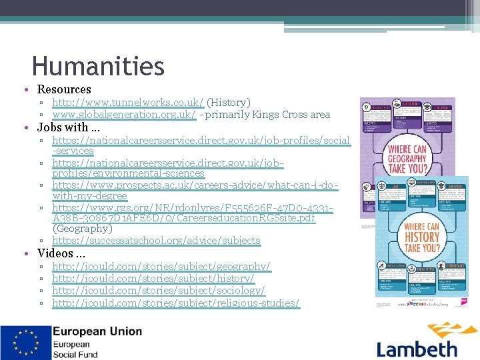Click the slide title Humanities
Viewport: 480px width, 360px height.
(x=98, y=66)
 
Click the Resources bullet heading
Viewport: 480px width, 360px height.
(x=64, y=89)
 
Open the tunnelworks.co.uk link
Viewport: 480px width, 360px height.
(x=128, y=103)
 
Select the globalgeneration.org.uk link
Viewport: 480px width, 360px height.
(x=124, y=115)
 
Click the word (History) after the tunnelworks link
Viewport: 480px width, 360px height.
(x=229, y=103)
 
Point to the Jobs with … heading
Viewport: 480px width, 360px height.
(x=69, y=127)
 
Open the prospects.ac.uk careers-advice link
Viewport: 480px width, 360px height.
(x=195, y=185)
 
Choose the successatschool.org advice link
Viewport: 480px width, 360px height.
(x=156, y=241)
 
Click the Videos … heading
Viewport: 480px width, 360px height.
(x=61, y=253)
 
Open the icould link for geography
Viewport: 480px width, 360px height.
(x=161, y=267)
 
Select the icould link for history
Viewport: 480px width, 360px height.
(x=153, y=279)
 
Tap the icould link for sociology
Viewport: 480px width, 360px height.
(x=158, y=291)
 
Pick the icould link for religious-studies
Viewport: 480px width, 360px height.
(x=176, y=303)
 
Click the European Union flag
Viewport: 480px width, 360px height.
(x=25, y=343)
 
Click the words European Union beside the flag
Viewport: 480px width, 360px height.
(x=97, y=331)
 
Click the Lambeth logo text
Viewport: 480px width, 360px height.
(x=417, y=348)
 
